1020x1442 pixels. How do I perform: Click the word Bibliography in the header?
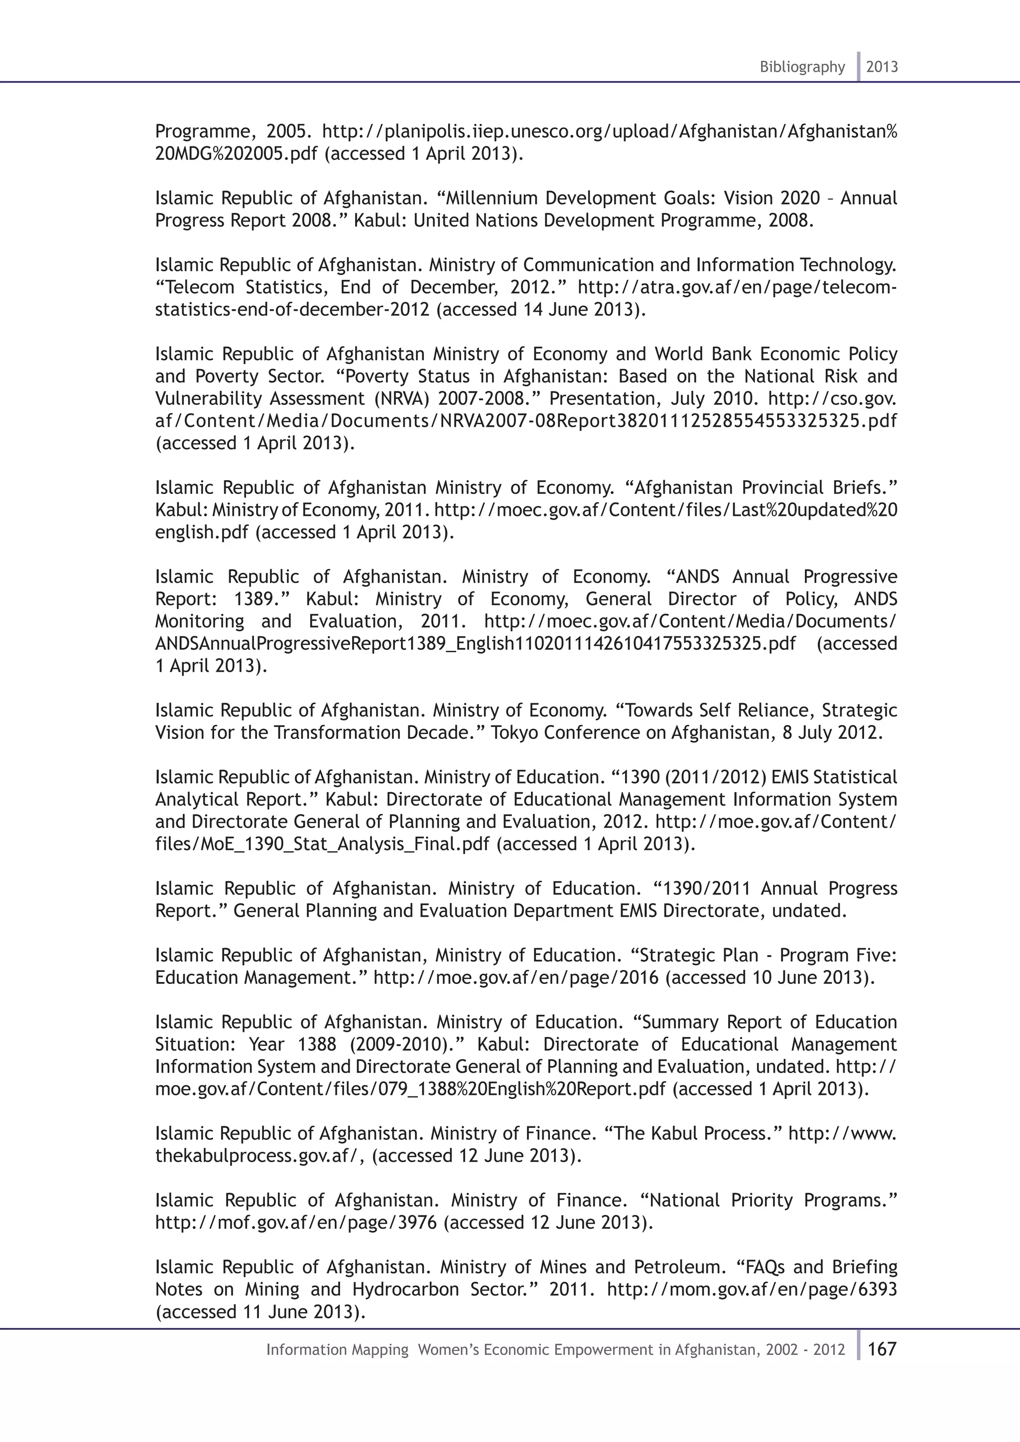coord(802,67)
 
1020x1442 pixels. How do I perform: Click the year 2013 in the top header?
coord(882,67)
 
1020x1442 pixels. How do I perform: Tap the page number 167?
coord(882,1349)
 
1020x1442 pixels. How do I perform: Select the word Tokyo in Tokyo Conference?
coord(514,733)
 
